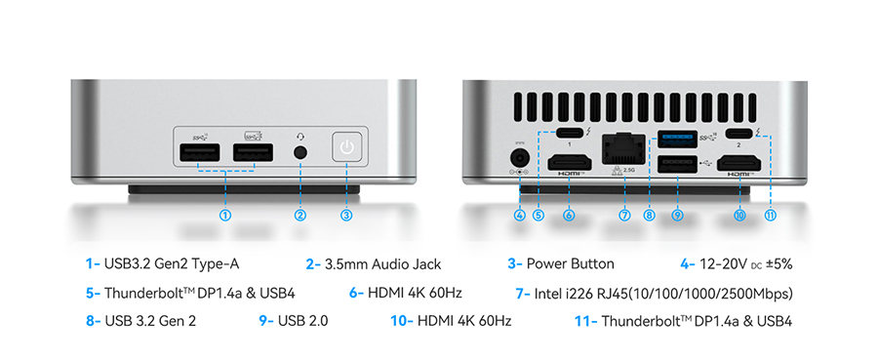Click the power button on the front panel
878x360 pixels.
point(347,148)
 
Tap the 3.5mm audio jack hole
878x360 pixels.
point(300,153)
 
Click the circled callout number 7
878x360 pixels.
point(625,215)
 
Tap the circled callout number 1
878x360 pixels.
point(225,215)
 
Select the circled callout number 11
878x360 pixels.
point(771,215)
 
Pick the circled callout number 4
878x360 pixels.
point(520,215)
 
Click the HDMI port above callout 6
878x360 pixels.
point(569,162)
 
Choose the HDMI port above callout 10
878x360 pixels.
point(740,162)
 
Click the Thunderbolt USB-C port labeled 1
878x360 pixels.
point(569,134)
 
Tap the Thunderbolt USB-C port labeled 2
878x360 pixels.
point(738,134)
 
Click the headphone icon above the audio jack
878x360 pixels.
point(300,136)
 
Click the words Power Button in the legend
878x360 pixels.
point(570,263)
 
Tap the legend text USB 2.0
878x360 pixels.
point(303,321)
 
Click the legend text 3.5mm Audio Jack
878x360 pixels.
point(383,263)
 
